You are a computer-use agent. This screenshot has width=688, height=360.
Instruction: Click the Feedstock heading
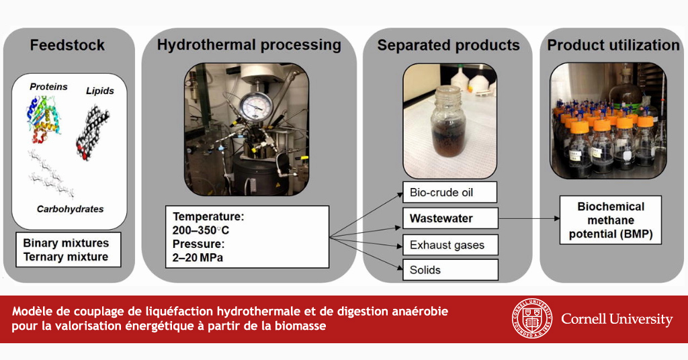(67, 45)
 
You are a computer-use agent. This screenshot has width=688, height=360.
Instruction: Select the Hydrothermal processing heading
(249, 45)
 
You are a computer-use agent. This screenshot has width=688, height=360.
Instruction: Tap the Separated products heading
(448, 45)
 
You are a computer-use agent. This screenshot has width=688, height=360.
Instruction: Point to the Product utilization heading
(613, 45)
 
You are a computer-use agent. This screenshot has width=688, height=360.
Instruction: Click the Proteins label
(48, 87)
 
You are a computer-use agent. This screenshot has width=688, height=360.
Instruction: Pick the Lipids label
(99, 91)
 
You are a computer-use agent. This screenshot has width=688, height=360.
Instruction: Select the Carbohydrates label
(70, 209)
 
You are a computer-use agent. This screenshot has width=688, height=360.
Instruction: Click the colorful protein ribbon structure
(44, 118)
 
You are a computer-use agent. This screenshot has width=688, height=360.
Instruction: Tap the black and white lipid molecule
(93, 132)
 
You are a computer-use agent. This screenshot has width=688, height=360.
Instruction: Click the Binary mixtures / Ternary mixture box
(68, 249)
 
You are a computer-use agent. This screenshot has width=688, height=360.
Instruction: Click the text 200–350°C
(200, 230)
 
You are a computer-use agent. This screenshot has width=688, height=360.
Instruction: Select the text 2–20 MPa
(198, 257)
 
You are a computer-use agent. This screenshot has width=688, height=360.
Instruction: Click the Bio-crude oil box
(449, 193)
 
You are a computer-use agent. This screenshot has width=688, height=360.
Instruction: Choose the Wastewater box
(450, 218)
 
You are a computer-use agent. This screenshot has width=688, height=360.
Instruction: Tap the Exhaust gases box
(450, 244)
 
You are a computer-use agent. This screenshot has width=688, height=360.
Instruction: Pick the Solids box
(450, 270)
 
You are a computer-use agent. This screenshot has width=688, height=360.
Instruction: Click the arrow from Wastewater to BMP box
(529, 218)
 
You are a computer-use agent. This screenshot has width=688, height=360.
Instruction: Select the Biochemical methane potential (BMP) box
(610, 220)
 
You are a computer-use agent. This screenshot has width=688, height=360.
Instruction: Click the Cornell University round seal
(533, 319)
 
